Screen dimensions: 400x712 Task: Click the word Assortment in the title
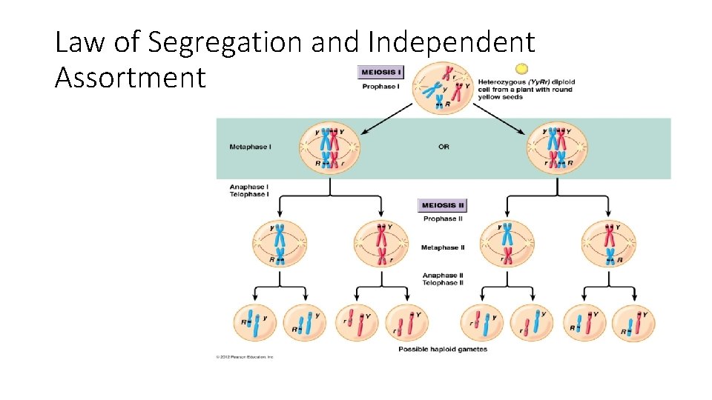pyautogui.click(x=129, y=76)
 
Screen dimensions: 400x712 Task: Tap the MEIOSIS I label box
pyautogui.click(x=381, y=73)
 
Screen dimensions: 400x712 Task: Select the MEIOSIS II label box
pyautogui.click(x=443, y=205)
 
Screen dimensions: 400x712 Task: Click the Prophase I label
pyautogui.click(x=381, y=87)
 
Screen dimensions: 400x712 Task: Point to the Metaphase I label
pyautogui.click(x=250, y=147)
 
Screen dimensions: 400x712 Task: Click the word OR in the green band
pyautogui.click(x=444, y=147)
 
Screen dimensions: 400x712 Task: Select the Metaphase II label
pyautogui.click(x=443, y=247)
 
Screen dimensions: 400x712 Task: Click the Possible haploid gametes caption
pyautogui.click(x=443, y=349)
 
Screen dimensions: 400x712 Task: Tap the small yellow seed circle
pyautogui.click(x=521, y=68)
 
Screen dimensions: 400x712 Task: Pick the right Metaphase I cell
pyautogui.click(x=558, y=147)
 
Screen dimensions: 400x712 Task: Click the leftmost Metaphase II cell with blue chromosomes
pyautogui.click(x=280, y=243)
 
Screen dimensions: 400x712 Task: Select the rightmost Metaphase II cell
pyautogui.click(x=609, y=243)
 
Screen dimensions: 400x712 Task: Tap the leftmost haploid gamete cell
pyautogui.click(x=254, y=323)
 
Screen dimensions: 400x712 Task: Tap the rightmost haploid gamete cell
pyautogui.click(x=635, y=323)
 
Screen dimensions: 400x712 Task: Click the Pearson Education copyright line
pyautogui.click(x=245, y=357)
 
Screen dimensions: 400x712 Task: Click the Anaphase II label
pyautogui.click(x=443, y=276)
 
